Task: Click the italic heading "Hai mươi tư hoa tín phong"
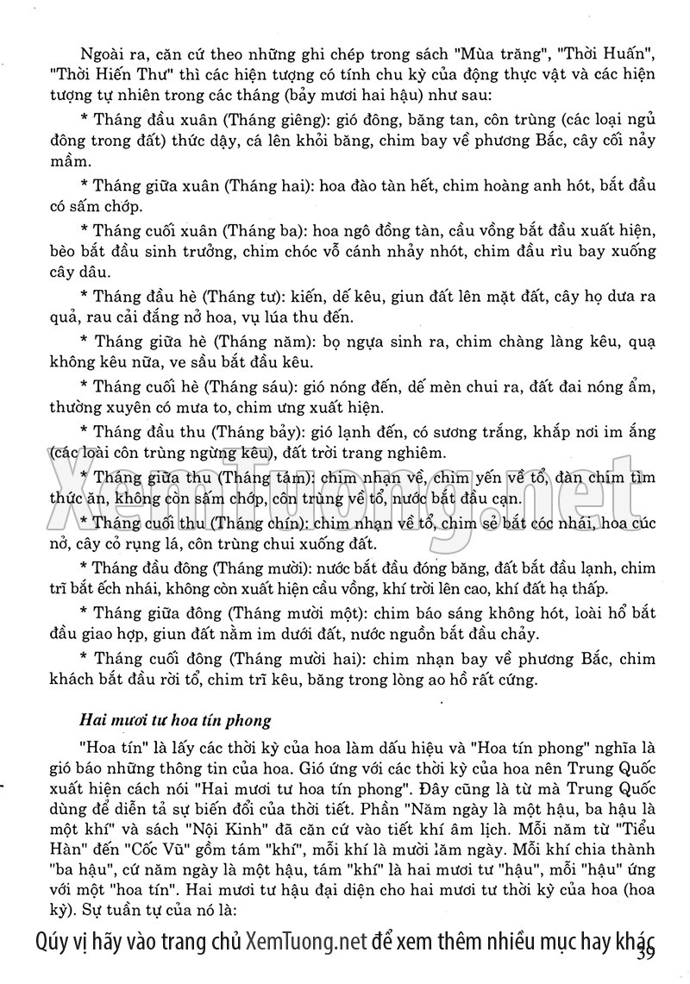[175, 718]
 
